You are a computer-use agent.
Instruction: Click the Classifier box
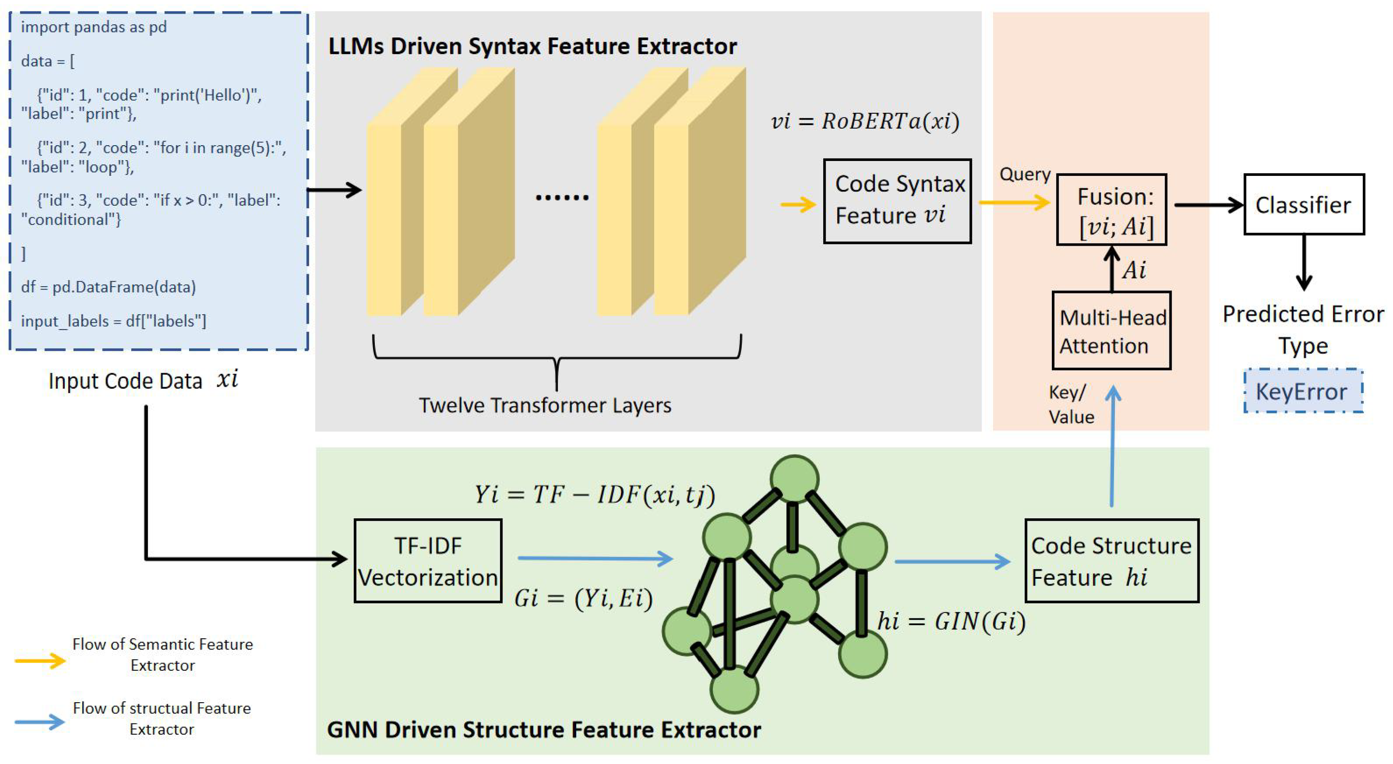point(1303,204)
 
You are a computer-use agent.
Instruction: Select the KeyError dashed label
point(1303,391)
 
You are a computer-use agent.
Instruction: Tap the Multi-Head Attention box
point(1111,331)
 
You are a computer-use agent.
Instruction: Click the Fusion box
point(1111,210)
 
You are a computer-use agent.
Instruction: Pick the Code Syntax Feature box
point(897,201)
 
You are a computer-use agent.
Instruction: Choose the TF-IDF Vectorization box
point(428,561)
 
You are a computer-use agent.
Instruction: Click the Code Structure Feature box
point(1111,561)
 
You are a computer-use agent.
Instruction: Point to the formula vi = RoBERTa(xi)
point(865,121)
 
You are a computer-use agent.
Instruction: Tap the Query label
point(1025,174)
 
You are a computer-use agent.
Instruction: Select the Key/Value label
point(1071,405)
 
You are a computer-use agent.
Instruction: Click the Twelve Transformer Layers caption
point(545,405)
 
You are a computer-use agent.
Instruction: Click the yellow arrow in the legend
point(40,660)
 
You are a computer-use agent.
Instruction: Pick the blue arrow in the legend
point(40,722)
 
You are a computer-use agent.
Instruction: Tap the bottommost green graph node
point(734,689)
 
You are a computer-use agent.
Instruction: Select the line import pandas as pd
point(94,27)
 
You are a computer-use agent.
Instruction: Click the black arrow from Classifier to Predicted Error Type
point(1304,262)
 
